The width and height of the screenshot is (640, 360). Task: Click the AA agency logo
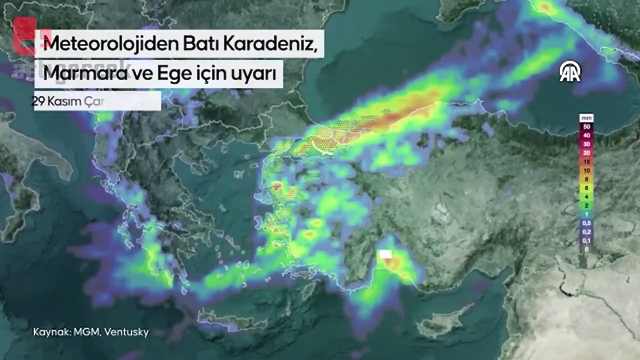click(x=570, y=72)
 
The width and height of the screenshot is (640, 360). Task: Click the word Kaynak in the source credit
click(x=48, y=332)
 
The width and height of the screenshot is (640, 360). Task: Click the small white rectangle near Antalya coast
click(x=385, y=254)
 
